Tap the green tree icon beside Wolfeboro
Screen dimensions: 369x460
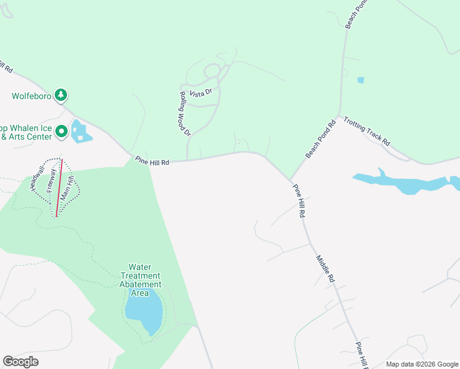61,95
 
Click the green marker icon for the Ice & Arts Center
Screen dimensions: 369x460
61,132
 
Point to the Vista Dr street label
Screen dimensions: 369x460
200,93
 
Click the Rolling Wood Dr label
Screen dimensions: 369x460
184,114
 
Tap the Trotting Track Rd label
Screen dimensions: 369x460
367,131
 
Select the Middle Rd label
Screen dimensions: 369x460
325,269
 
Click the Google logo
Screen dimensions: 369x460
20,362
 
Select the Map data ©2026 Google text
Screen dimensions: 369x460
421,364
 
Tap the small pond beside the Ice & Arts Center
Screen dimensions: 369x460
80,132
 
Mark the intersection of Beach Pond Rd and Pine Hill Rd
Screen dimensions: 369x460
291,180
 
